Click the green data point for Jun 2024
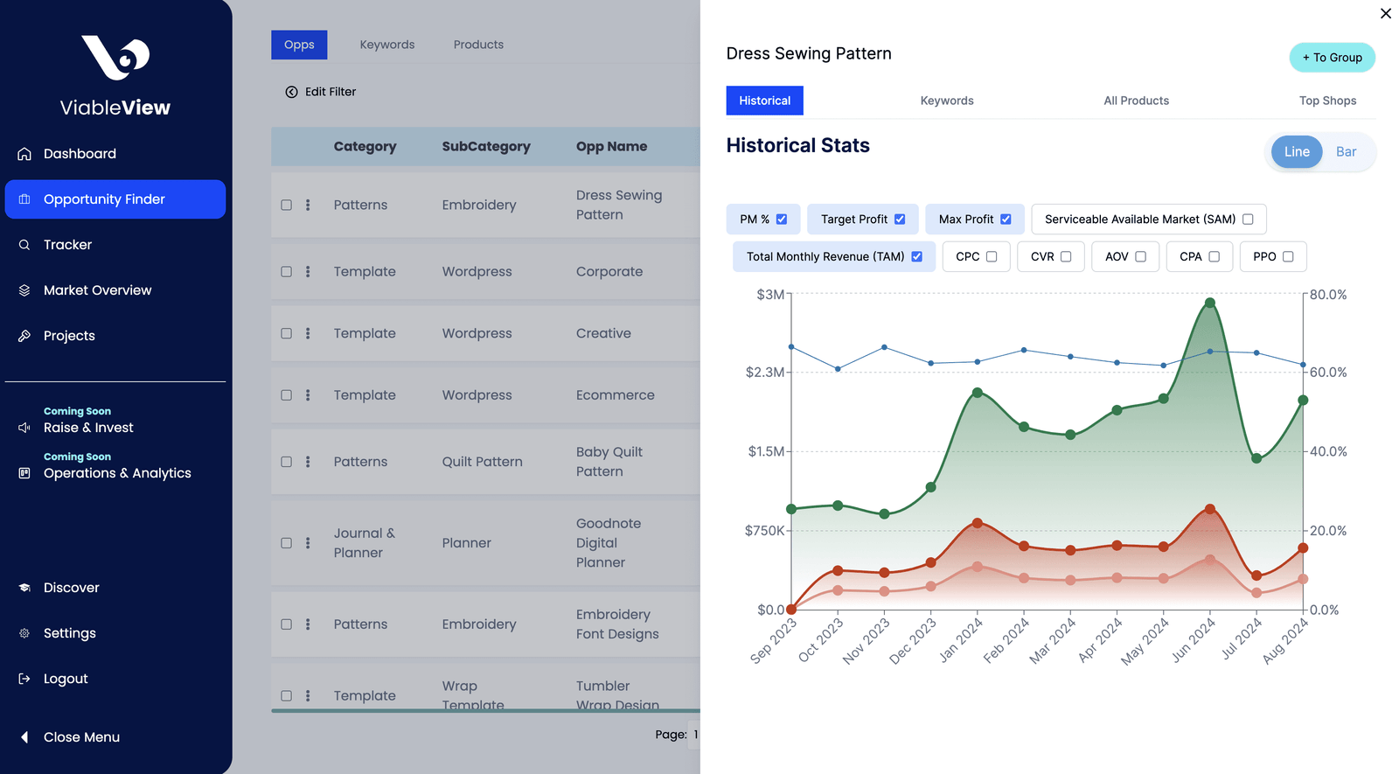tap(1210, 303)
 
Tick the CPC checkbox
tap(992, 257)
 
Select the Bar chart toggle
tap(1346, 152)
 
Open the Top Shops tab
tap(1327, 101)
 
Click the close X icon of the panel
tap(1385, 13)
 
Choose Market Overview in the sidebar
tap(97, 290)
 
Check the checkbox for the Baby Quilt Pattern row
tap(286, 462)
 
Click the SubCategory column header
tap(486, 147)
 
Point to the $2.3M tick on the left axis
tap(764, 373)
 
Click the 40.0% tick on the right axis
tap(1328, 451)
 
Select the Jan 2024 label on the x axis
tap(961, 639)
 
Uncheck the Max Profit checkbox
tap(1006, 220)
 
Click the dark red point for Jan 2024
tap(978, 524)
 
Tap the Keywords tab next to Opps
tap(387, 45)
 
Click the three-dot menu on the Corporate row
tap(308, 272)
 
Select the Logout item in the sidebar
tap(65, 679)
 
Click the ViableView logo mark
tap(115, 58)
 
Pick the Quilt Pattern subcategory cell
tap(482, 462)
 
